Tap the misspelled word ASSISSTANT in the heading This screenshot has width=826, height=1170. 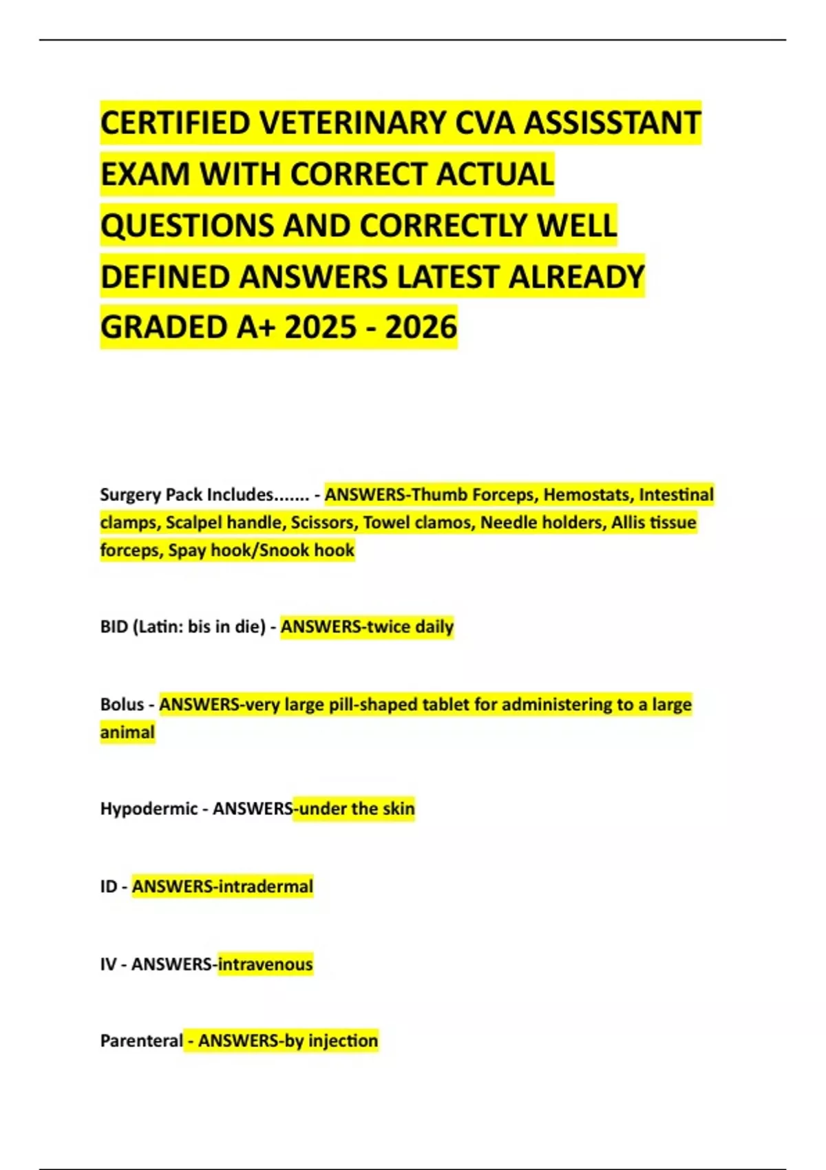coord(613,123)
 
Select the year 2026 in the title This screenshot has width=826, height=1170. coord(421,327)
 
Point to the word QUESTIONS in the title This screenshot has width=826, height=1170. coord(187,225)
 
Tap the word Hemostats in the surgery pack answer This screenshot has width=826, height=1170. coord(586,495)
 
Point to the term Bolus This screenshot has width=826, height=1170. coord(122,705)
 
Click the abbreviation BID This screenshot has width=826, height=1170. coord(113,627)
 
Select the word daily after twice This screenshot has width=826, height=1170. coord(434,627)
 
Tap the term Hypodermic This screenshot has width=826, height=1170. coord(149,809)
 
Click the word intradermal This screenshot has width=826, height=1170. coord(265,886)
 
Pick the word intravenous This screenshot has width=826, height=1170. coord(265,964)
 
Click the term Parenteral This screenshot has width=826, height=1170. coord(141,1041)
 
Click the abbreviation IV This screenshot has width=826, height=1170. coord(108,964)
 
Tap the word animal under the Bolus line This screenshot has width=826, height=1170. coord(127,732)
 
